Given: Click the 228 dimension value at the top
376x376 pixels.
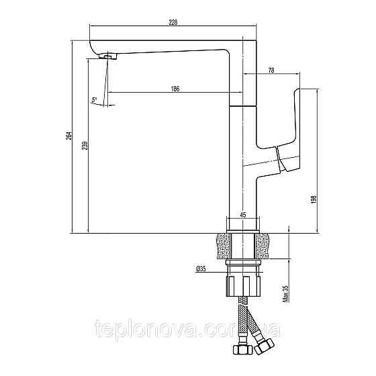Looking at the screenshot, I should point(173,22).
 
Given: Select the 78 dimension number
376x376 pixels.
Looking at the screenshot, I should point(271,70).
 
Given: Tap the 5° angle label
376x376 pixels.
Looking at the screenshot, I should point(95,101).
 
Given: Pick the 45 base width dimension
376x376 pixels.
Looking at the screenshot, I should point(242,216).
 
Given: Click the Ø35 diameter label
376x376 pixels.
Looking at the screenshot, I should point(201,269).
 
